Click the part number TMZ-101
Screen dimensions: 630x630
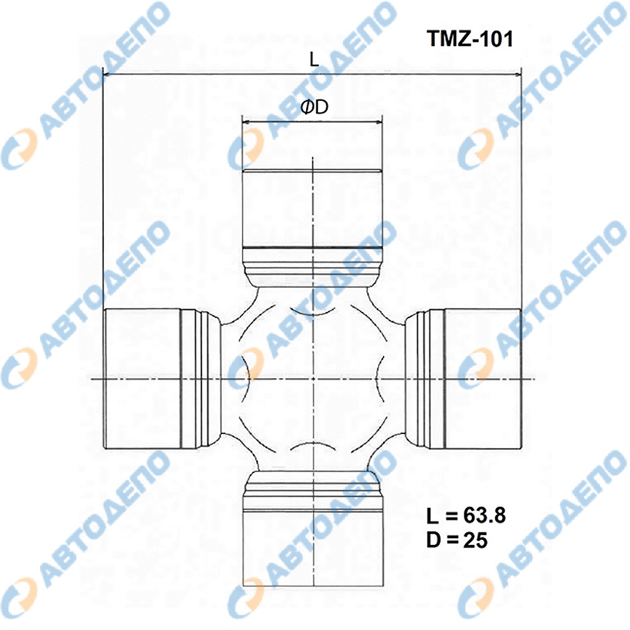click(x=470, y=39)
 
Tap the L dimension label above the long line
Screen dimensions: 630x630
click(x=314, y=59)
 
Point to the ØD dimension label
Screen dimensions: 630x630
click(x=314, y=107)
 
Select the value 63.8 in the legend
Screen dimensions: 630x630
click(x=484, y=515)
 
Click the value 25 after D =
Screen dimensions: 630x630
click(x=475, y=540)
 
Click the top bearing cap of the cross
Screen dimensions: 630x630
click(x=312, y=209)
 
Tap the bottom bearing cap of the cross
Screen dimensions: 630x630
click(x=312, y=547)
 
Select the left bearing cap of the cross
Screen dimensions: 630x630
click(x=142, y=378)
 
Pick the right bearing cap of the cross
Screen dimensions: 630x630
click(x=482, y=378)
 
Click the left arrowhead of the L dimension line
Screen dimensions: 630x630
click(x=107, y=74)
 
